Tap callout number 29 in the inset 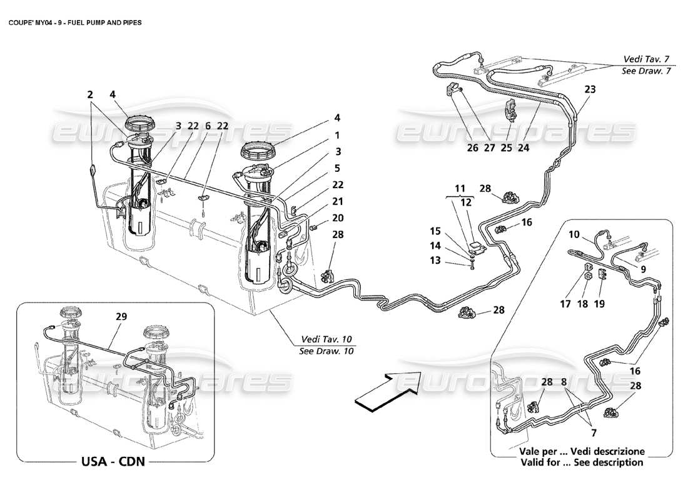(x=121, y=317)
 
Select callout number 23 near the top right (x=590, y=89)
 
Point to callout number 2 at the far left (x=90, y=95)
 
